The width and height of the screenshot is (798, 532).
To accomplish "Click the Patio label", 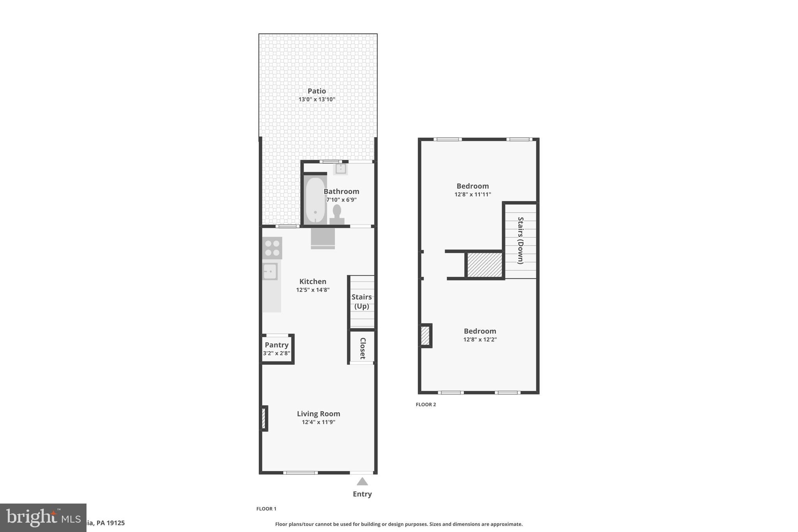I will [x=316, y=91].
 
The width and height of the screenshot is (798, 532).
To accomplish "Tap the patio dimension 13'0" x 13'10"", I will [x=316, y=99].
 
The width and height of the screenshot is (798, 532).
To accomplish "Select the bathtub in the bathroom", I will [x=315, y=200].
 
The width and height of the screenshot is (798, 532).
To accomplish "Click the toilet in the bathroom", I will [x=337, y=215].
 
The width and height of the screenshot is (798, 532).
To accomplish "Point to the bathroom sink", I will [x=341, y=169].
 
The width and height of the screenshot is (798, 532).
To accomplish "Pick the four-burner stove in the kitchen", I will [x=272, y=248].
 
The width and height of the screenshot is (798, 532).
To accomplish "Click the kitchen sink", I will [x=270, y=271].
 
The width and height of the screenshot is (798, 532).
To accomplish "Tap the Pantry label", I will [x=276, y=345].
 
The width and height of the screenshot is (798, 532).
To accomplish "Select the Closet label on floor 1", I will [x=362, y=348].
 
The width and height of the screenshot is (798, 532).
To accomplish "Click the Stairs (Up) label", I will [x=362, y=301].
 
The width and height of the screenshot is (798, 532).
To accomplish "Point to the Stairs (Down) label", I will [x=520, y=240].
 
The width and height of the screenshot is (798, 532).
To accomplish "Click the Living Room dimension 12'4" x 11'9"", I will [x=318, y=422].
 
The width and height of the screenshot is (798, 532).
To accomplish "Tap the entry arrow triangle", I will [x=362, y=482].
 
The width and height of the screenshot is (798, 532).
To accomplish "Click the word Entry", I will [x=362, y=494].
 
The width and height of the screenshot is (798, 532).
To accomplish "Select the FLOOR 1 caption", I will [x=266, y=509].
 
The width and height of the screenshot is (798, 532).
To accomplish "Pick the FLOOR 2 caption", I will [x=425, y=405].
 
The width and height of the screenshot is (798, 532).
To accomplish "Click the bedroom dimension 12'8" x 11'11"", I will [x=473, y=194].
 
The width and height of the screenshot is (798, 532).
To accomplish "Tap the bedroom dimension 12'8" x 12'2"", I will [x=480, y=339].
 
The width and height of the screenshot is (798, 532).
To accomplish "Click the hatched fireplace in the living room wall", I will [x=264, y=419].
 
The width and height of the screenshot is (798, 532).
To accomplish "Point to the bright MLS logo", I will [x=43, y=518].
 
